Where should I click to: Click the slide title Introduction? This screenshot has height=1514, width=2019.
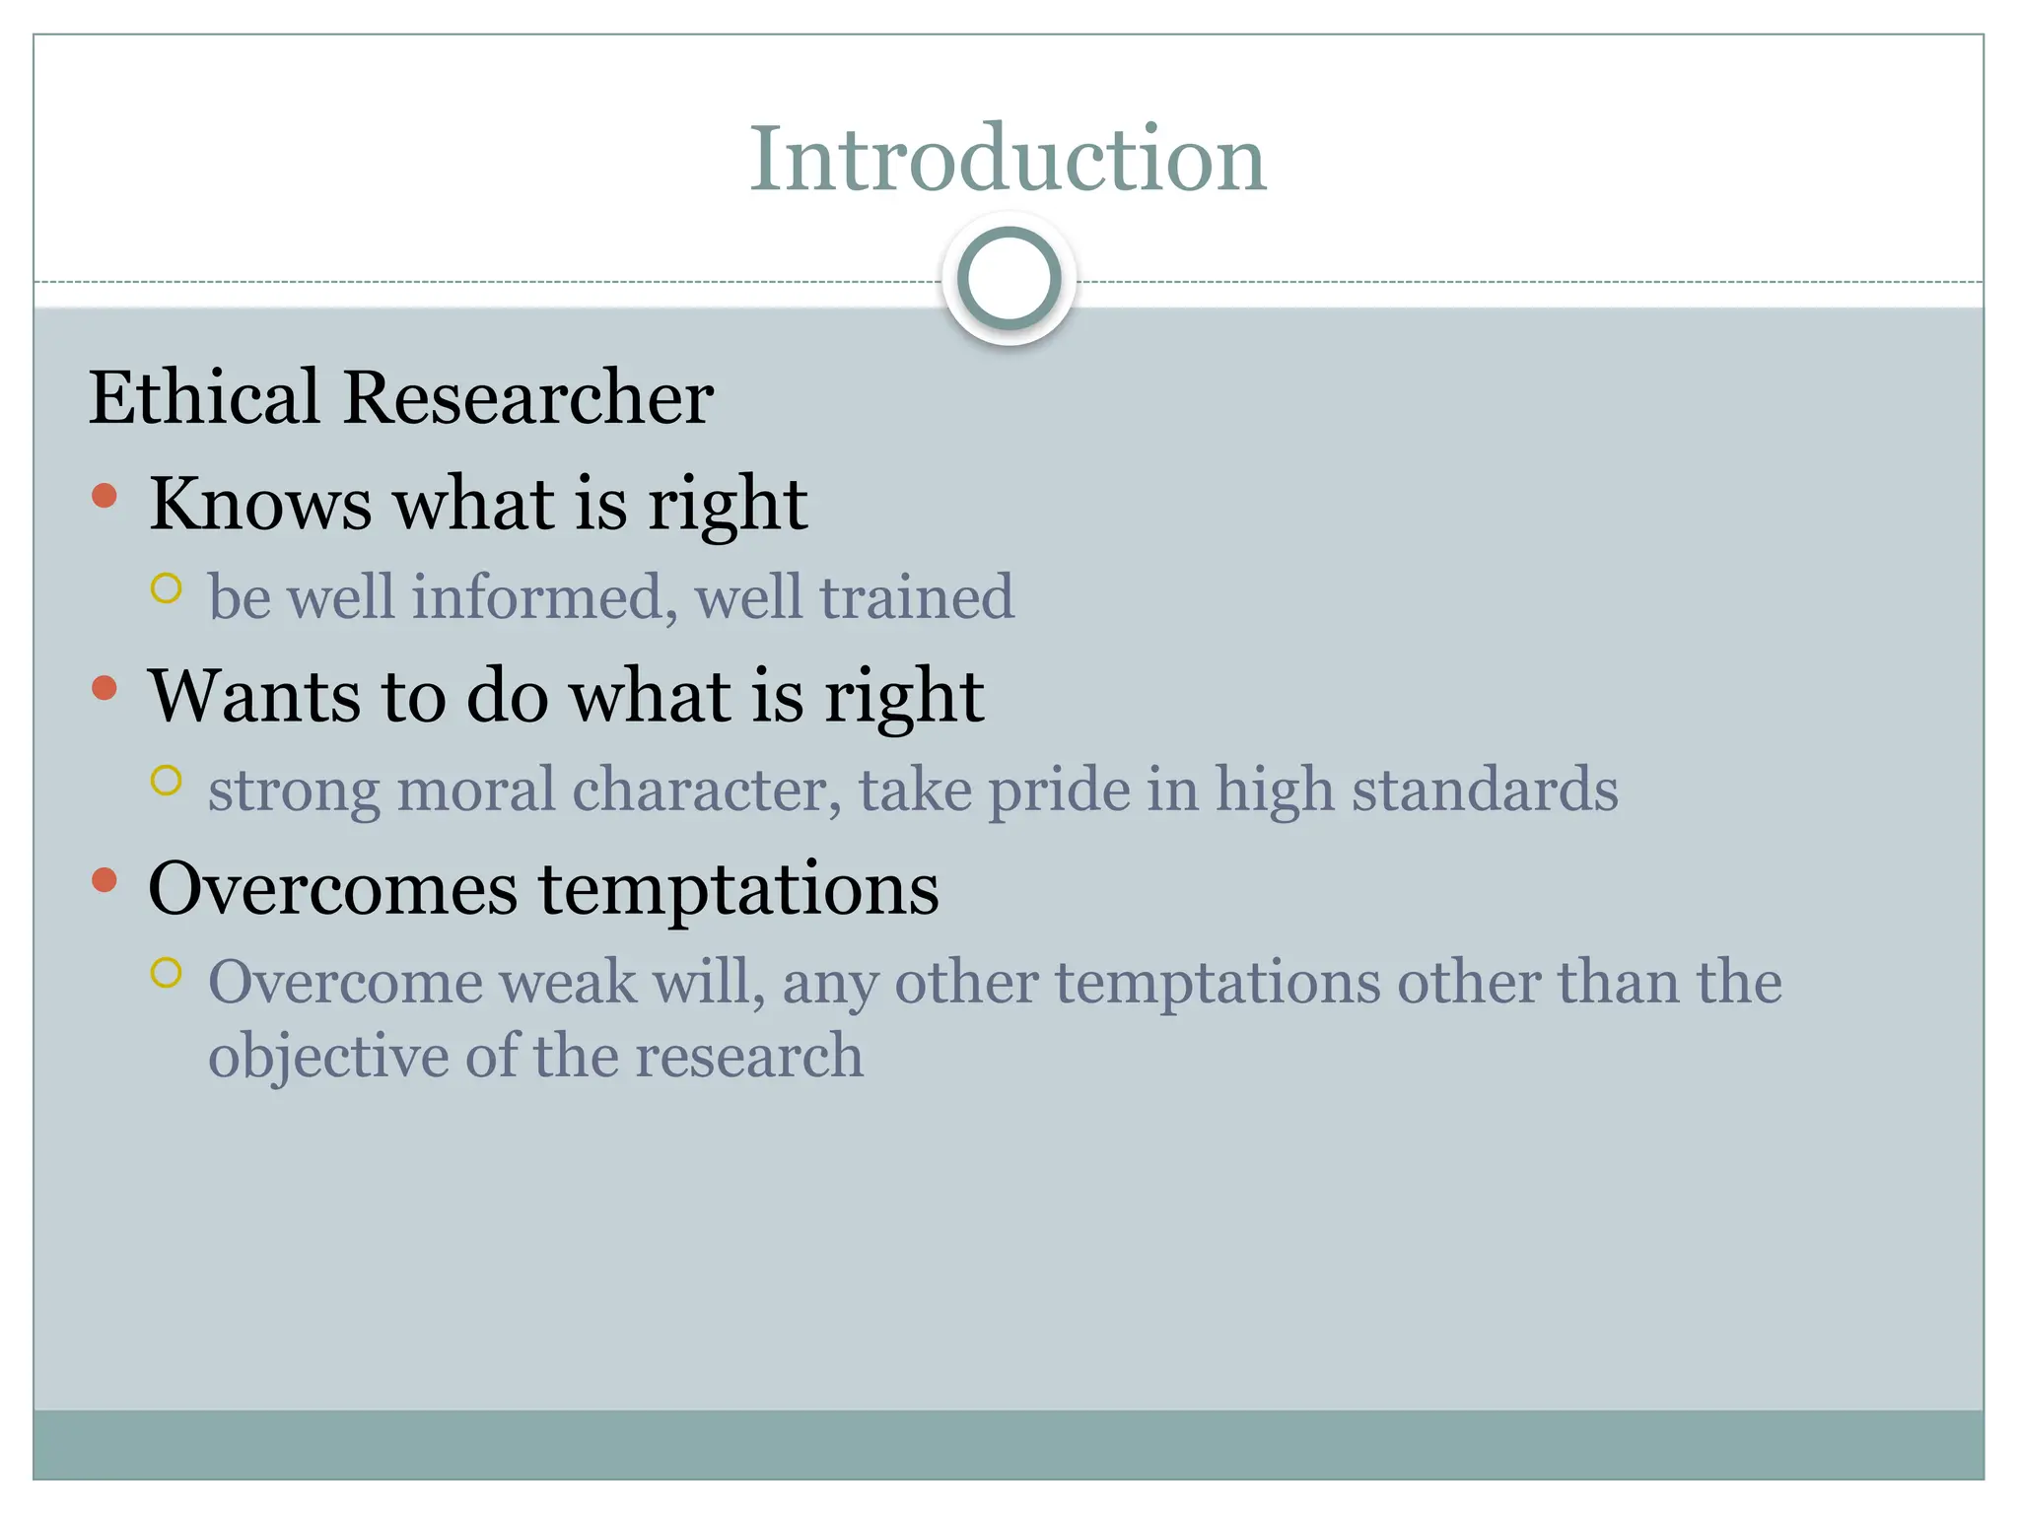(1008, 160)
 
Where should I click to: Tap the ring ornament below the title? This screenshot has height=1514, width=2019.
(1009, 279)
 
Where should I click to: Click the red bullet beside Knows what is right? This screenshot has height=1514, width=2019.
(104, 496)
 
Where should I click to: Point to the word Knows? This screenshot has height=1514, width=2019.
(260, 504)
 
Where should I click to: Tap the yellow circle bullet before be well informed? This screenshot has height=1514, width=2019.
(167, 588)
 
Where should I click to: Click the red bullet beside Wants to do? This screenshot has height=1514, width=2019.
(104, 688)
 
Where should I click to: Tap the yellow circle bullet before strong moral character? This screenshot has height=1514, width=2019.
(167, 781)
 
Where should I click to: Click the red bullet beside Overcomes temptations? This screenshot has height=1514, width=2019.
(104, 880)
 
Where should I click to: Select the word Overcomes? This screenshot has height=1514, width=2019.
(332, 889)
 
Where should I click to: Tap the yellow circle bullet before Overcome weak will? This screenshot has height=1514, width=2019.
(167, 973)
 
